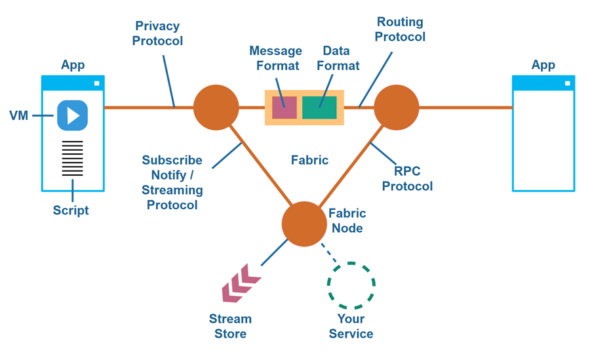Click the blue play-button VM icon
point(72,115)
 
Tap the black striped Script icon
point(72,158)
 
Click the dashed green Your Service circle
point(351,285)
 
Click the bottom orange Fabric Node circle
point(304,224)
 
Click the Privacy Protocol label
point(157,33)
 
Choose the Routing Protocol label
point(400,29)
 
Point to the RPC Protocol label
point(407,178)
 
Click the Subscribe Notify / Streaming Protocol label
point(173,183)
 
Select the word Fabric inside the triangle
point(309,160)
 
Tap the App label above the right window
point(543,65)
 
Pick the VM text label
point(18,116)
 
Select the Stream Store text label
point(230,327)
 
